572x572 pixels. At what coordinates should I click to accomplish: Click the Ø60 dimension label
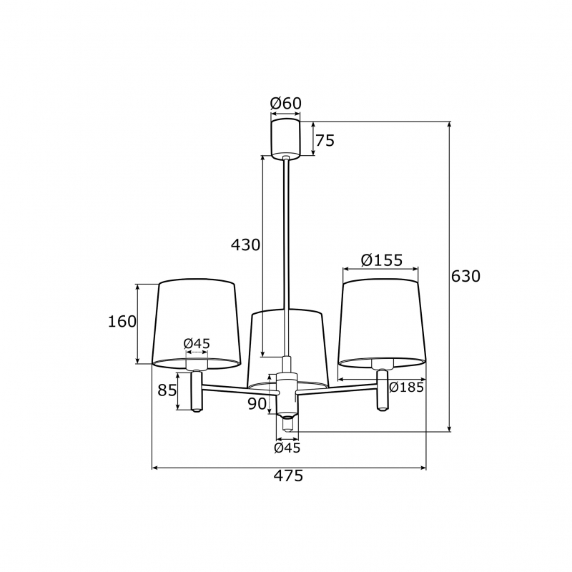pos(285,104)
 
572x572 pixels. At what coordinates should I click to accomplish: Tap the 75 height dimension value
pos(325,140)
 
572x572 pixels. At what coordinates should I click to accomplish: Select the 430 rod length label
pos(245,245)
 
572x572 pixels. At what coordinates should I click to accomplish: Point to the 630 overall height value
pos(466,276)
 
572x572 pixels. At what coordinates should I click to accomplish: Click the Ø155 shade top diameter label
pos(382,260)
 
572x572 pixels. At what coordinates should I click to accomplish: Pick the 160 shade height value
pos(122,321)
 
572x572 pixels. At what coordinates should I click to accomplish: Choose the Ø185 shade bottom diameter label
pos(406,387)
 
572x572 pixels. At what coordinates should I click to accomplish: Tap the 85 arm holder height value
pos(167,390)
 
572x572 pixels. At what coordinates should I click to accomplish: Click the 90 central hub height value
pos(257,404)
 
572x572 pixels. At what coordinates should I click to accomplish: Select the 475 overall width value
pos(289,475)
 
